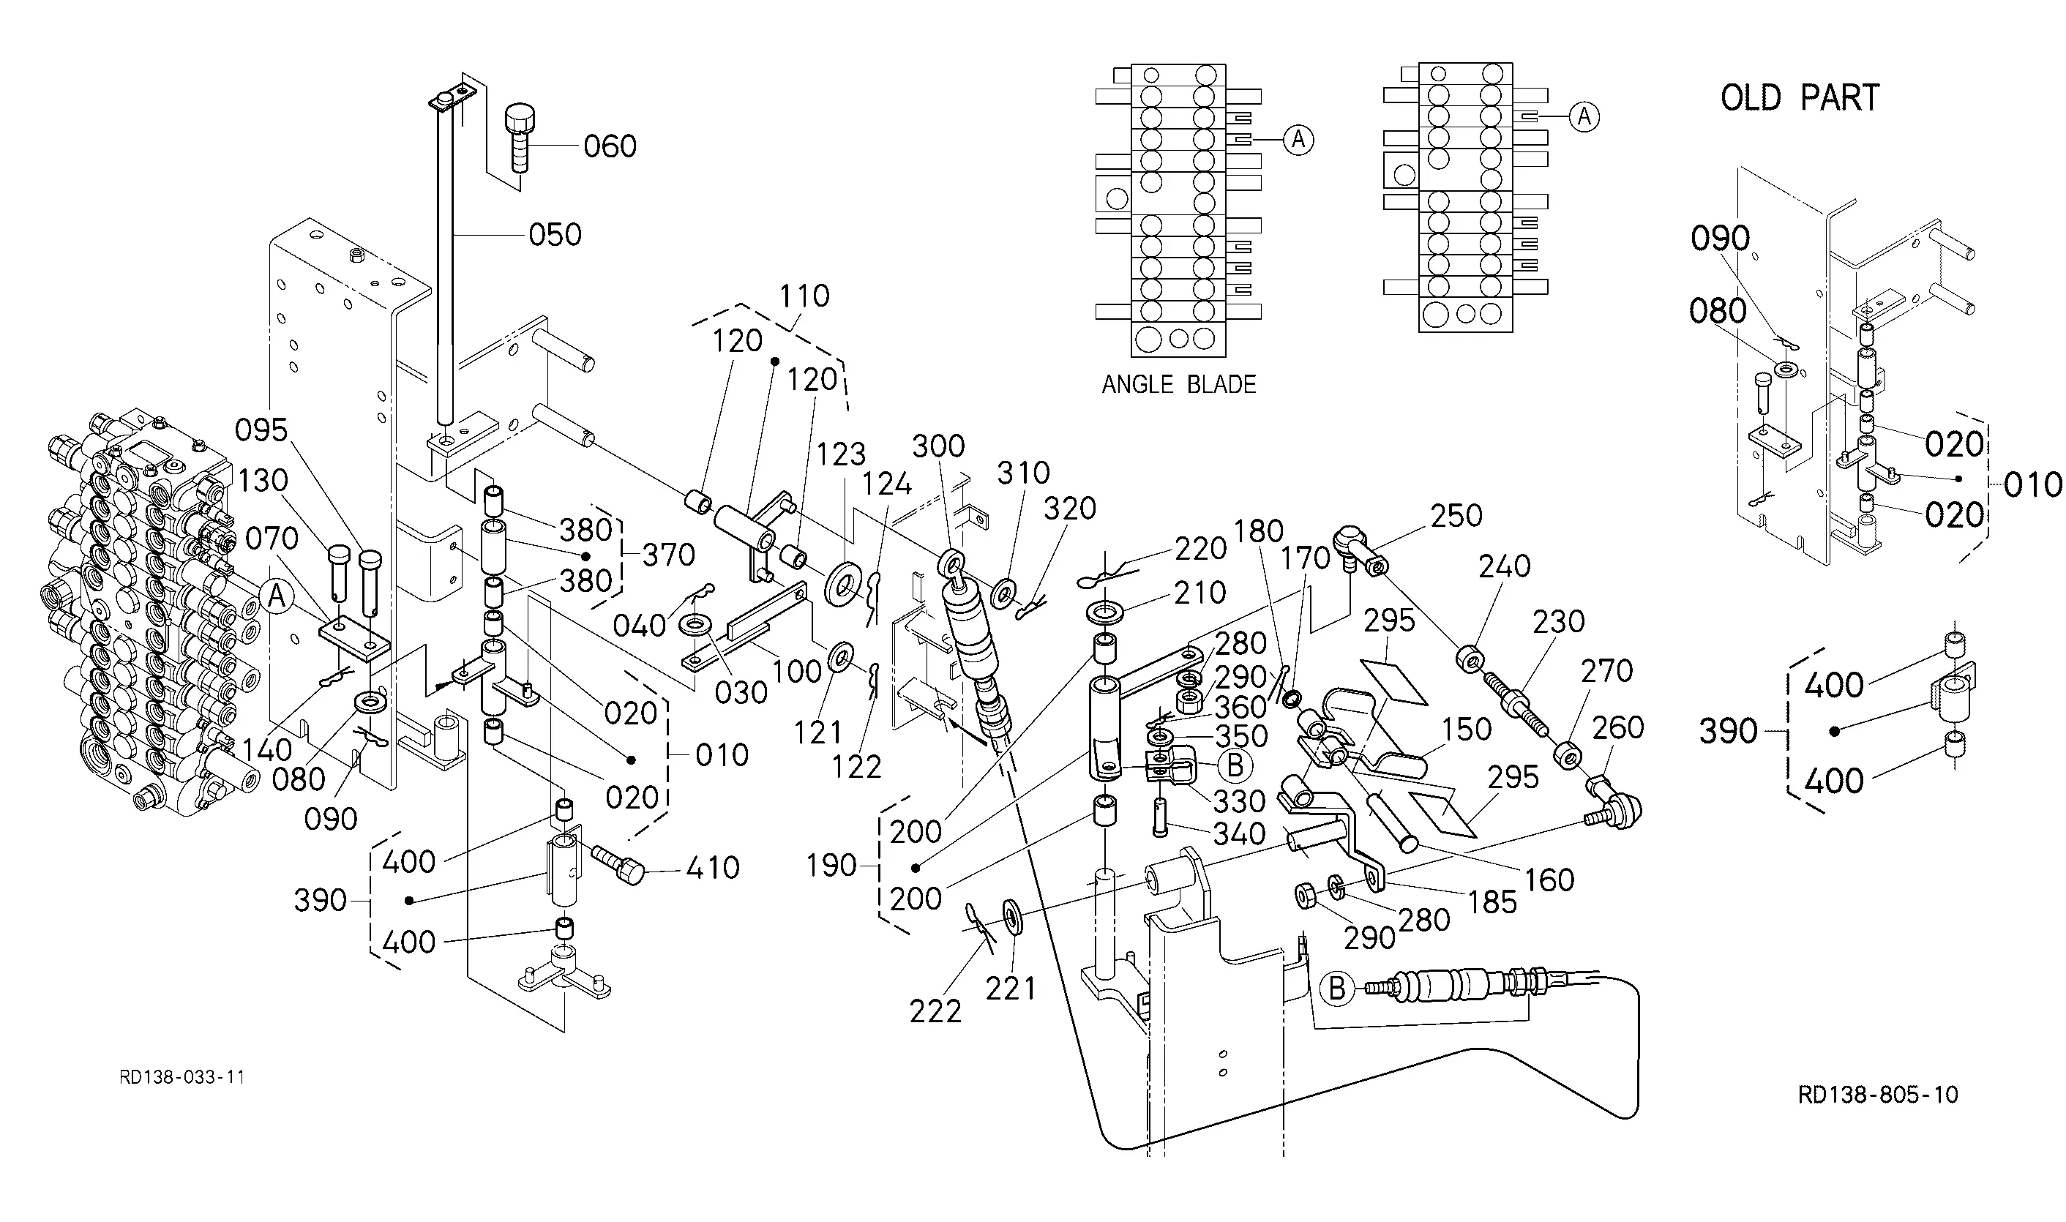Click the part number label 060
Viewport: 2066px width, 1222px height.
click(610, 146)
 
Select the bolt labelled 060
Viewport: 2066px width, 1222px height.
click(520, 138)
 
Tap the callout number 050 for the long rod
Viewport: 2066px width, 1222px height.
click(555, 235)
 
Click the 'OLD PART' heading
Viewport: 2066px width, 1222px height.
click(1800, 98)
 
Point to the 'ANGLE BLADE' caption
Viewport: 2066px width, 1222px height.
click(1179, 385)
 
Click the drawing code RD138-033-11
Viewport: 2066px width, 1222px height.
click(182, 1077)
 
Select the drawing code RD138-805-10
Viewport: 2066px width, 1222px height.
click(1878, 1095)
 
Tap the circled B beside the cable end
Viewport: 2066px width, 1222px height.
click(1337, 988)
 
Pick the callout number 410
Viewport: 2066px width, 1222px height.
click(713, 868)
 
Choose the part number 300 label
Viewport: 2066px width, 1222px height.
click(939, 446)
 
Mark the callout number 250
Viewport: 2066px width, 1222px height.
click(1456, 515)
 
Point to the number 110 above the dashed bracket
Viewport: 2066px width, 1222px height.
click(804, 296)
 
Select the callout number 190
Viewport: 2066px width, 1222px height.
click(831, 866)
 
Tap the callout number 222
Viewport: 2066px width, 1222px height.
click(935, 1011)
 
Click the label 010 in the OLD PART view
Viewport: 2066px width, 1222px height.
click(2033, 484)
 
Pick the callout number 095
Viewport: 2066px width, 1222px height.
click(261, 430)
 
